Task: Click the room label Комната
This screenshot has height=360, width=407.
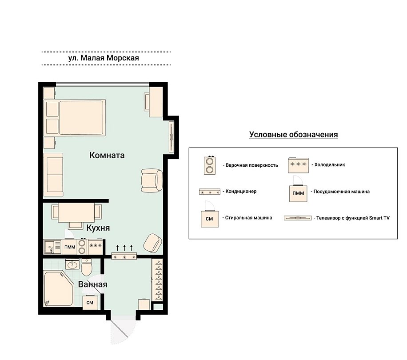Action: [107, 155]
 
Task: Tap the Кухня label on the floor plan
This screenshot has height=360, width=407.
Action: [98, 228]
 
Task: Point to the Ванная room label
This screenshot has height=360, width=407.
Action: [93, 284]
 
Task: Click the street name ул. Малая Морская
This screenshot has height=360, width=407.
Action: [104, 58]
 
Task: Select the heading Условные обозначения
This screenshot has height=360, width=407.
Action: [294, 135]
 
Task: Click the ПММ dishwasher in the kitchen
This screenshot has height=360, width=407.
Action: [70, 247]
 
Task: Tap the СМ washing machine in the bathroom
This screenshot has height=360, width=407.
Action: [90, 302]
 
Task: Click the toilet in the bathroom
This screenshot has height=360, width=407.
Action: [86, 267]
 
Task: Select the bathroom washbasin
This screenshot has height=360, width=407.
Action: [72, 264]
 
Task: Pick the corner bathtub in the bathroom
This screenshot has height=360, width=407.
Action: [58, 288]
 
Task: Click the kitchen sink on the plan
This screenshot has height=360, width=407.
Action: [53, 247]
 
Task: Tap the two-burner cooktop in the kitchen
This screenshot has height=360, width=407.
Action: [82, 247]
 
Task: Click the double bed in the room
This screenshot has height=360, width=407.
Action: [75, 118]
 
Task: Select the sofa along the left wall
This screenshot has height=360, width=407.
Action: [53, 174]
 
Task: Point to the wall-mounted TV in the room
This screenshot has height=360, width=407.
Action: [172, 137]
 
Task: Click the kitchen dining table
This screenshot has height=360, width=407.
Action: [76, 212]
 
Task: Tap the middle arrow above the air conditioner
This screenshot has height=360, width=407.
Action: [124, 248]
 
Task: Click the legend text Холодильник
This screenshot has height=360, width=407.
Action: [330, 164]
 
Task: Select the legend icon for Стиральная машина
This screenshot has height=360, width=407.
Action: [210, 214]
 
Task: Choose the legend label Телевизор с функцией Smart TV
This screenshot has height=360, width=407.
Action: [353, 218]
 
